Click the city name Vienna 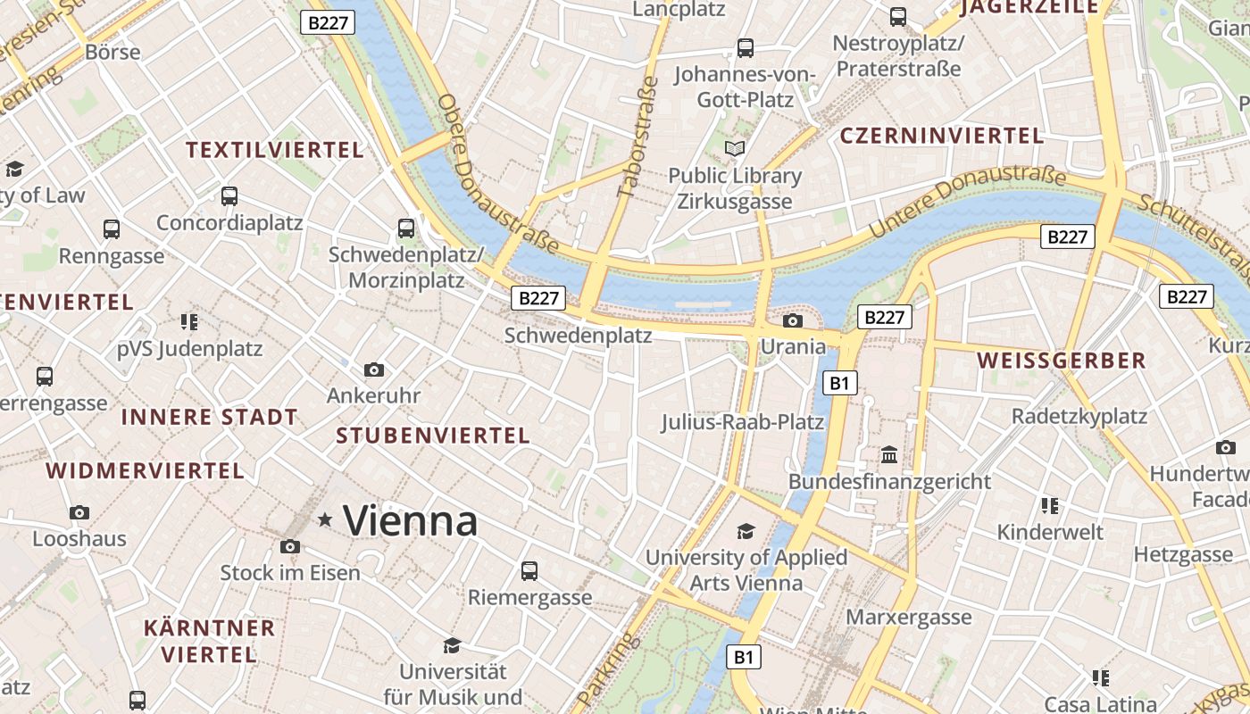pyautogui.click(x=410, y=520)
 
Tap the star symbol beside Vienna pyautogui.click(x=325, y=519)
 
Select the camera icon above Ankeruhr pyautogui.click(x=374, y=369)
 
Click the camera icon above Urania pyautogui.click(x=792, y=321)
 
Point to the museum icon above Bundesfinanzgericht pyautogui.click(x=889, y=455)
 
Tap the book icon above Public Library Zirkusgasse pyautogui.click(x=735, y=148)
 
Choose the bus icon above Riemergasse pyautogui.click(x=529, y=570)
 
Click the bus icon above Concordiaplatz pyautogui.click(x=229, y=195)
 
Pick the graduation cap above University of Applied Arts pyautogui.click(x=746, y=532)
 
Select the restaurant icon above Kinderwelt pyautogui.click(x=1050, y=506)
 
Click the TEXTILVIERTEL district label pyautogui.click(x=275, y=150)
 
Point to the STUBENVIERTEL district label pyautogui.click(x=433, y=436)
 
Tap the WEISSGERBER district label pyautogui.click(x=1062, y=361)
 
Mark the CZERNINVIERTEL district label pyautogui.click(x=942, y=136)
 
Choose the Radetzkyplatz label pyautogui.click(x=1079, y=416)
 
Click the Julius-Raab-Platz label pyautogui.click(x=743, y=421)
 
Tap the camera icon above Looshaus pyautogui.click(x=79, y=512)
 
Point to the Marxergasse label pyautogui.click(x=908, y=618)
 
